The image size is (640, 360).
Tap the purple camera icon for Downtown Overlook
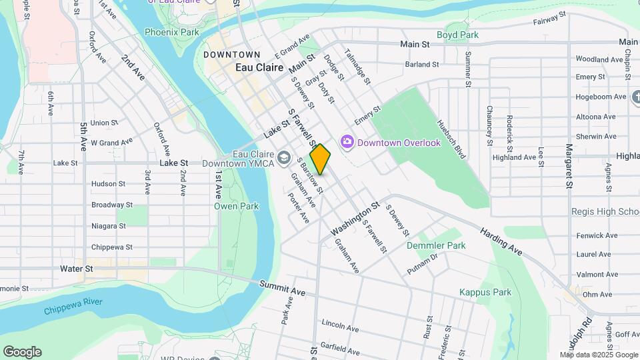coord(347,143)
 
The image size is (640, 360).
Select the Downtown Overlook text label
coord(399,143)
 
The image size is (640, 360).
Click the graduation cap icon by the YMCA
coord(285,158)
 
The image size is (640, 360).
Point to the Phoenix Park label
coord(171,32)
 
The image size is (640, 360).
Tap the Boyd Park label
coord(457,35)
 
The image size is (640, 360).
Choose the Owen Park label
coord(236,206)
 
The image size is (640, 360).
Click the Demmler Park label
coord(436,245)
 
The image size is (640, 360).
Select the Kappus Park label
coord(485,292)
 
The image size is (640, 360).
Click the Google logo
coord(22,352)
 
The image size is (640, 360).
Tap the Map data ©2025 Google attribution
coord(599,355)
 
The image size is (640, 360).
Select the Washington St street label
coord(355,220)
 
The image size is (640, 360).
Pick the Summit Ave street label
coord(282,288)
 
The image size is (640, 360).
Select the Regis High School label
coord(605,211)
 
